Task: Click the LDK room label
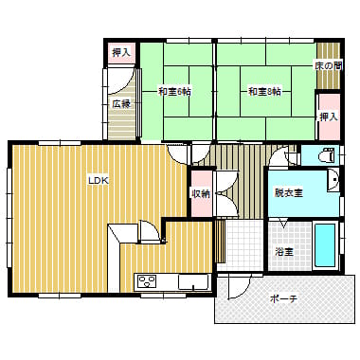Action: (x=99, y=181)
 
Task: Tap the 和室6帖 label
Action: (x=174, y=92)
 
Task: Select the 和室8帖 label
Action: (x=264, y=92)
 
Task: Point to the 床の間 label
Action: (x=328, y=66)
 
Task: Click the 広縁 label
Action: (x=121, y=104)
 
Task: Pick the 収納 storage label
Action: (x=200, y=193)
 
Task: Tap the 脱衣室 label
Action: (x=289, y=192)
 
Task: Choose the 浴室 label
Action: (x=284, y=252)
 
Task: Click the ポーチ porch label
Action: (x=284, y=298)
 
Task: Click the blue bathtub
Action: (x=325, y=245)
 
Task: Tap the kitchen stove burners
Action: (x=148, y=281)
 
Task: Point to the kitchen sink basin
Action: (x=193, y=281)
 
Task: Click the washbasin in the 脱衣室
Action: (x=333, y=180)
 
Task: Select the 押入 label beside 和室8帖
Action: (x=329, y=117)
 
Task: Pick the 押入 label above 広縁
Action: (x=121, y=53)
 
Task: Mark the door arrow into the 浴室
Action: (x=283, y=224)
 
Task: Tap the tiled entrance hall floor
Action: (x=244, y=245)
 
